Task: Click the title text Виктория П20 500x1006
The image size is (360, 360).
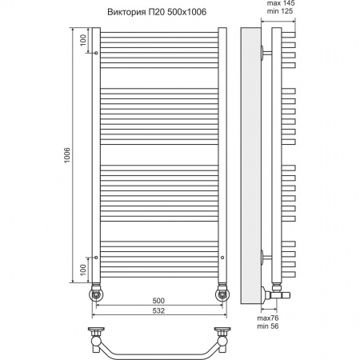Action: pos(157,12)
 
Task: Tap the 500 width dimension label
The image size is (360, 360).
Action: pos(158,301)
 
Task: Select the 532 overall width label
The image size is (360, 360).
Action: pos(158,310)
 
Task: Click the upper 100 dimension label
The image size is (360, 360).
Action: pos(83,40)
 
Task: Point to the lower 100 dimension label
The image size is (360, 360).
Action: pos(83,270)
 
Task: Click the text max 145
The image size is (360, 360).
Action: pos(281,3)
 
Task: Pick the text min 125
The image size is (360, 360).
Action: pos(280,11)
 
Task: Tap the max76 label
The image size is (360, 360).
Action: pos(268,318)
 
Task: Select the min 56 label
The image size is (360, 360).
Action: pos(268,326)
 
